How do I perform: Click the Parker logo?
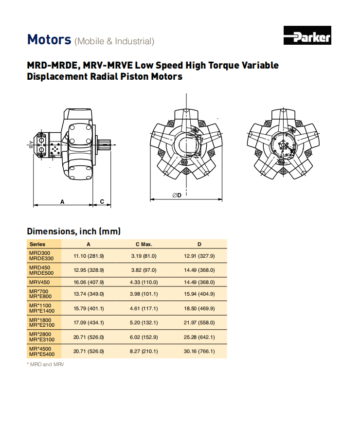[x=307, y=36]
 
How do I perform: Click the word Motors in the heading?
[x=49, y=39]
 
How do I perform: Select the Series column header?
[x=37, y=244]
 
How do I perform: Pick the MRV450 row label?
[x=39, y=282]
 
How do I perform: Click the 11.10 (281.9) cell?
[x=89, y=256]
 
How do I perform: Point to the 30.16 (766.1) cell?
[x=199, y=351]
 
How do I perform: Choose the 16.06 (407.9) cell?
[x=89, y=282]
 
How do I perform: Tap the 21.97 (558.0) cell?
[x=199, y=322]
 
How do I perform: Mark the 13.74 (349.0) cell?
[x=89, y=294]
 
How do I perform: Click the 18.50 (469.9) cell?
[x=199, y=308]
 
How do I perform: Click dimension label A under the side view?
[x=62, y=201]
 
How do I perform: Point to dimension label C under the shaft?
[x=102, y=201]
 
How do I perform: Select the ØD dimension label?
[x=177, y=195]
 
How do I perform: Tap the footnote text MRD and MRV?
[x=47, y=364]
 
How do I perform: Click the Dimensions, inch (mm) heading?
[x=73, y=231]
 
